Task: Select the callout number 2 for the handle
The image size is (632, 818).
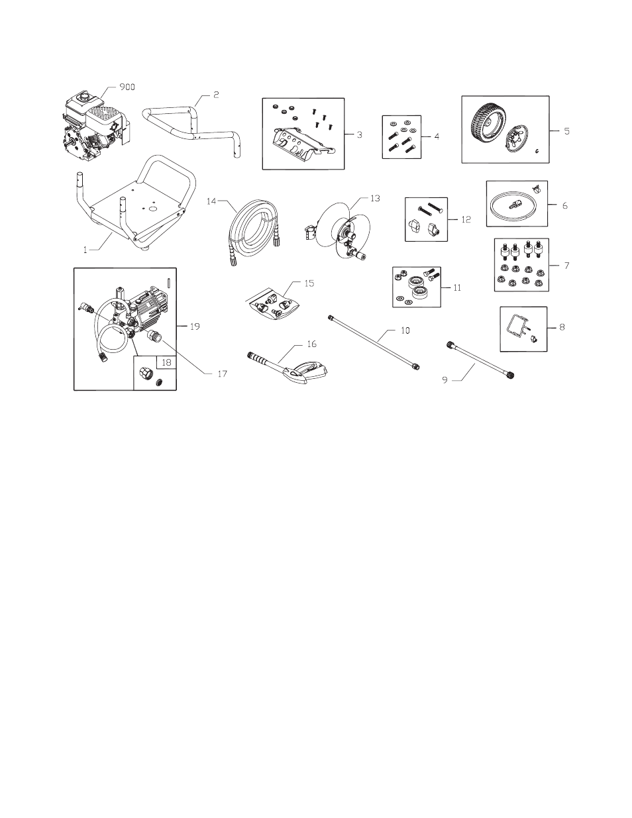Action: (216, 95)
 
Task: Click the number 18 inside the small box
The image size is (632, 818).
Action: (166, 363)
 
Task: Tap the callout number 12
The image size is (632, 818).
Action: (466, 219)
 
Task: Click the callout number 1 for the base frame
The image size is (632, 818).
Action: (84, 250)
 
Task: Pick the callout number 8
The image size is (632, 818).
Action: (562, 327)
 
